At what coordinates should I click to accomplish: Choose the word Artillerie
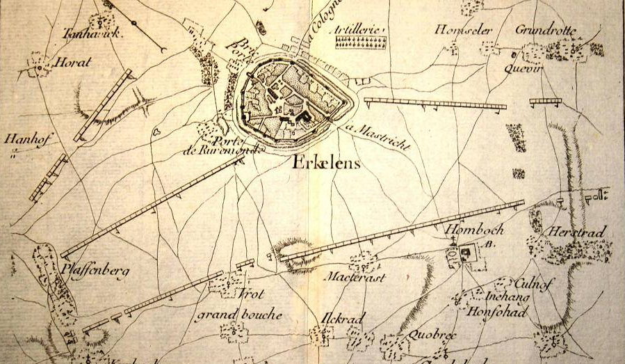click(359, 30)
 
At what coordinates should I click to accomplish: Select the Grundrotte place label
click(547, 30)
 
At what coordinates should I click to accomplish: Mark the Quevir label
click(526, 67)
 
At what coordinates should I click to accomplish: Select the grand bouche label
click(238, 314)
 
